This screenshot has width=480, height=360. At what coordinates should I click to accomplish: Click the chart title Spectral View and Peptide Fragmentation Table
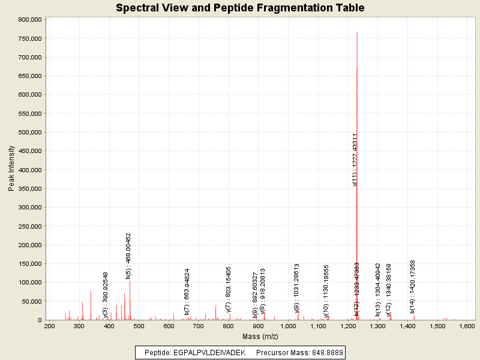(x=239, y=8)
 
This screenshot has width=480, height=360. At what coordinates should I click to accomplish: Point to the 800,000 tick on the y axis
(x=29, y=19)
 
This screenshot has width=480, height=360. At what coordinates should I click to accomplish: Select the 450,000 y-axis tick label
(x=29, y=151)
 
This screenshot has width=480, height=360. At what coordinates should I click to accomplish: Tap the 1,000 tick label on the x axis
(x=289, y=326)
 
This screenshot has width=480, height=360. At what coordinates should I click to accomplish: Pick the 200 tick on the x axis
(x=50, y=326)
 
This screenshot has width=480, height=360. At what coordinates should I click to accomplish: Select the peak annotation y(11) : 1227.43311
(x=355, y=160)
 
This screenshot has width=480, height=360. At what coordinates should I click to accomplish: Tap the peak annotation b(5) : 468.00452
(x=128, y=256)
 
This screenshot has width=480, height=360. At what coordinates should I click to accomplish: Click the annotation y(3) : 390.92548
(x=106, y=295)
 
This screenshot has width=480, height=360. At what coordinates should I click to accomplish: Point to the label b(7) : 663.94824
(x=187, y=292)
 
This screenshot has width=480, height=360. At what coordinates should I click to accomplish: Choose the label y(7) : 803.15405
(x=229, y=289)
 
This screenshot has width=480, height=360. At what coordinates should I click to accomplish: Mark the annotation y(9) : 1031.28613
(x=297, y=287)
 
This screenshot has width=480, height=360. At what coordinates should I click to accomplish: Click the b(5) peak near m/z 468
(x=130, y=300)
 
